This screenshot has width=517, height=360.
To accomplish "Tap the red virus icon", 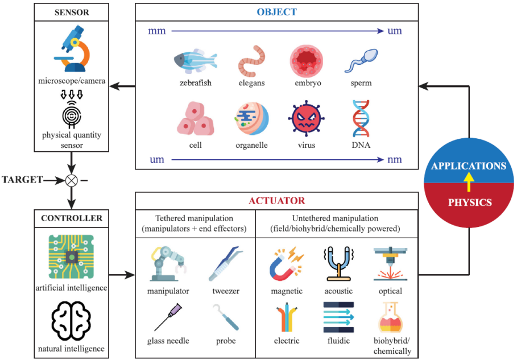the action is pyautogui.click(x=307, y=118).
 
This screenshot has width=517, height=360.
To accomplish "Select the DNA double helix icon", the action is pyautogui.click(x=361, y=118).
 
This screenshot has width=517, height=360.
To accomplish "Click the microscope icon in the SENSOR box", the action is pyautogui.click(x=72, y=48).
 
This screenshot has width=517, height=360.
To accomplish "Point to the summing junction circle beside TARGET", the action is pyautogui.click(x=72, y=180).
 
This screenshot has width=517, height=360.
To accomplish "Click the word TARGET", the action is pyautogui.click(x=22, y=180).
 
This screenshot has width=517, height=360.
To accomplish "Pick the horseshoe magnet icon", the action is pyautogui.click(x=286, y=264).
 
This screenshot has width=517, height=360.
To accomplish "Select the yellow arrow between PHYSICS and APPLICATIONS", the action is pyautogui.click(x=469, y=183).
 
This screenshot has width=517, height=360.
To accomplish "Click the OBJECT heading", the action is pyautogui.click(x=276, y=12).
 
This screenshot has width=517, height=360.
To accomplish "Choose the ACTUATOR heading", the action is pyautogui.click(x=276, y=201).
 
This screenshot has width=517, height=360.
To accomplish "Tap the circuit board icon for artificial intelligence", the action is pyautogui.click(x=71, y=257).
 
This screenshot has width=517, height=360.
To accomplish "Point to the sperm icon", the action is pyautogui.click(x=361, y=61).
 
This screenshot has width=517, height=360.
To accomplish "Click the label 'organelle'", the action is pyautogui.click(x=251, y=145).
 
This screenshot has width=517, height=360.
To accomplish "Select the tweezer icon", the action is pyautogui.click(x=226, y=264).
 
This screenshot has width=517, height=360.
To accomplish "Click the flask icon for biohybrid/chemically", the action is pyautogui.click(x=390, y=317).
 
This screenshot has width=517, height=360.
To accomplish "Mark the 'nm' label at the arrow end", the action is pyautogui.click(x=395, y=160).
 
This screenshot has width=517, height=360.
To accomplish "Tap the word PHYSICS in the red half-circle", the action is pyautogui.click(x=470, y=202).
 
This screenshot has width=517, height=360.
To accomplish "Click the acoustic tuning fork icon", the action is pyautogui.click(x=338, y=264).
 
